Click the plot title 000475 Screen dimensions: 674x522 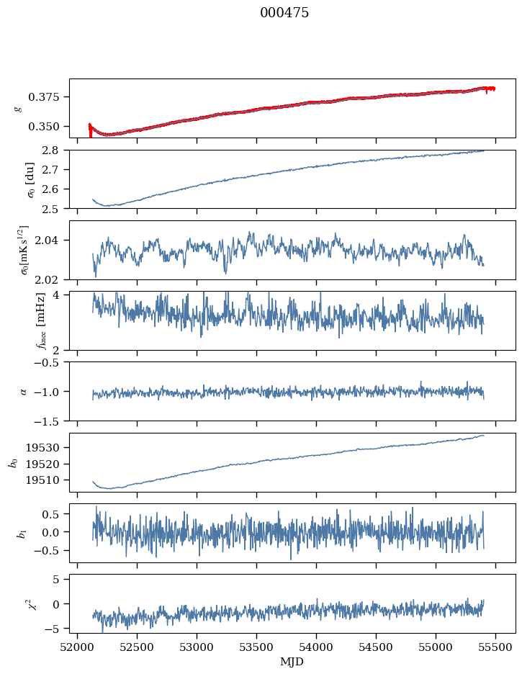point(284,14)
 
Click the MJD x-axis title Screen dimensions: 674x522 point(292,662)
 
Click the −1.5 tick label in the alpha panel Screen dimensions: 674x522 point(51,421)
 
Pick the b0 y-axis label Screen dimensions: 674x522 point(13,462)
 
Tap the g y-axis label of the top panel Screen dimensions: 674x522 point(18,109)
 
